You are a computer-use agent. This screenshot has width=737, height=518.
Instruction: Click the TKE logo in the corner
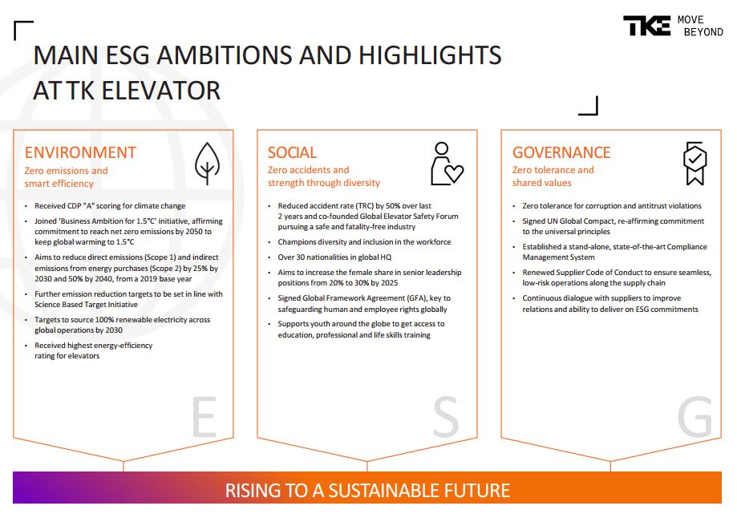coord(646,26)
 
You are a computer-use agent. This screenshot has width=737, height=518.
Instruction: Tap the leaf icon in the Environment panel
coord(207,163)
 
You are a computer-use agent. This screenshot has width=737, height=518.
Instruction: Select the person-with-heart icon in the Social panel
coord(447,163)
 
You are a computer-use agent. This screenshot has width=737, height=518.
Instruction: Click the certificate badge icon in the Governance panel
coord(694,163)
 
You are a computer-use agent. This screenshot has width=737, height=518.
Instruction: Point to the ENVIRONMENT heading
coord(80,153)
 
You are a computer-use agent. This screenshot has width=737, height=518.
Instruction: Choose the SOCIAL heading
coord(293,153)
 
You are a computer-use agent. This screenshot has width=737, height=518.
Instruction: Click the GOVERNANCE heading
coord(561,153)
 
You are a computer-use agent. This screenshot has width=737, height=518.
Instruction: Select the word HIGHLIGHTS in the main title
coord(430,55)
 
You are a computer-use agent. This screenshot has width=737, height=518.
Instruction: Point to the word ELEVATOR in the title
coord(160,91)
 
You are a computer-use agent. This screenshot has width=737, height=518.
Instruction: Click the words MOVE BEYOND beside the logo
coord(700,26)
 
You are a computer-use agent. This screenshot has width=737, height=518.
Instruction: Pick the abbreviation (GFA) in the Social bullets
coord(417,298)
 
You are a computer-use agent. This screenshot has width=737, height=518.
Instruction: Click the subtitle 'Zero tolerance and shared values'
coord(553,176)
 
